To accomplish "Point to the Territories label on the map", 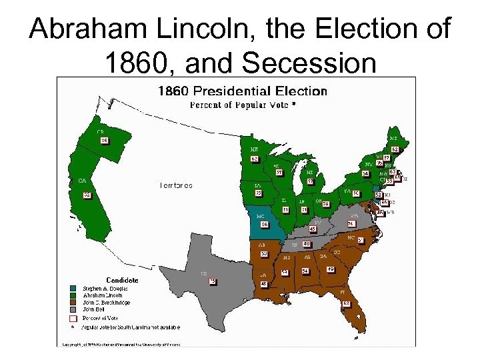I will tap(176, 185).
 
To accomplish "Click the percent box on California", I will tap(87, 195).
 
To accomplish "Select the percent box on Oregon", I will tap(104, 140).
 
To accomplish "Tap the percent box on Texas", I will tap(213, 281).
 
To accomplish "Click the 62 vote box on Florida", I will tap(346, 303).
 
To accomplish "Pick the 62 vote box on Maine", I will tap(395, 149).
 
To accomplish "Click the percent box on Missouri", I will tap(264, 225).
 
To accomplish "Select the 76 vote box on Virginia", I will tap(350, 223).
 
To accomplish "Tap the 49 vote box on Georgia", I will tap(331, 269).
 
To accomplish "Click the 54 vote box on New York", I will tap(365, 174).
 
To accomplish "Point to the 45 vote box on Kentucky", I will tap(312, 229).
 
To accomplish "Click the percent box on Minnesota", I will tap(254, 159).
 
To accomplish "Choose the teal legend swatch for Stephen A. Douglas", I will tap(73, 289).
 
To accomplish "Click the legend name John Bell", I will tap(93, 309).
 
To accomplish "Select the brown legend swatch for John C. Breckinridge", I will tap(73, 302).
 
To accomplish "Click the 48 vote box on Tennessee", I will tap(306, 244).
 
